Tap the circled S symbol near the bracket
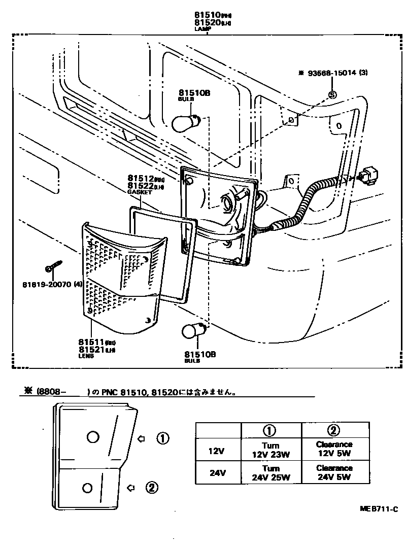click(x=332, y=94)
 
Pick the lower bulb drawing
click(x=192, y=331)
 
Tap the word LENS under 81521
click(x=86, y=356)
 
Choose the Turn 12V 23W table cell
click(x=271, y=450)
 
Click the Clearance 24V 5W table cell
click(x=333, y=472)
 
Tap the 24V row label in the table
click(x=218, y=472)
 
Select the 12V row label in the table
click(x=218, y=450)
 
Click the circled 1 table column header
click(x=271, y=430)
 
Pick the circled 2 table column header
click(x=333, y=430)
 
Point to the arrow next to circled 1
click(x=142, y=438)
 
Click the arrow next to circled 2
click(x=130, y=488)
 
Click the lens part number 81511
click(x=91, y=342)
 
